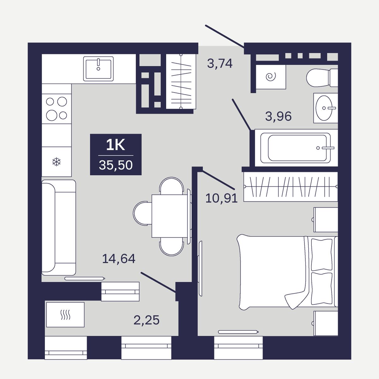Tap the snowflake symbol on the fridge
pos(57,162)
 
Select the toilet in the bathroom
pos(322,78)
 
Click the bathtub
pos(296,148)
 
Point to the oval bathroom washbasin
pos(324,108)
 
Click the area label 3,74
pos(220,63)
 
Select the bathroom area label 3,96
pos(278,116)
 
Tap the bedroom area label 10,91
pos(221,198)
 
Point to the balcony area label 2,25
pos(146,320)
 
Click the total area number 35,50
pos(116,165)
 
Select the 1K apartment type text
pos(116,145)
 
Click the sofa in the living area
pos(59,227)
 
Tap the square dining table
pos(170,216)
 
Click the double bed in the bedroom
pos(287,272)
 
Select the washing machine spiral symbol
pos(271,77)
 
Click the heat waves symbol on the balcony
pos(65,315)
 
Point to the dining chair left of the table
pos(142,213)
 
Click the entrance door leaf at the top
pos(225,36)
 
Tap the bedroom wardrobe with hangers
pos(291,187)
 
